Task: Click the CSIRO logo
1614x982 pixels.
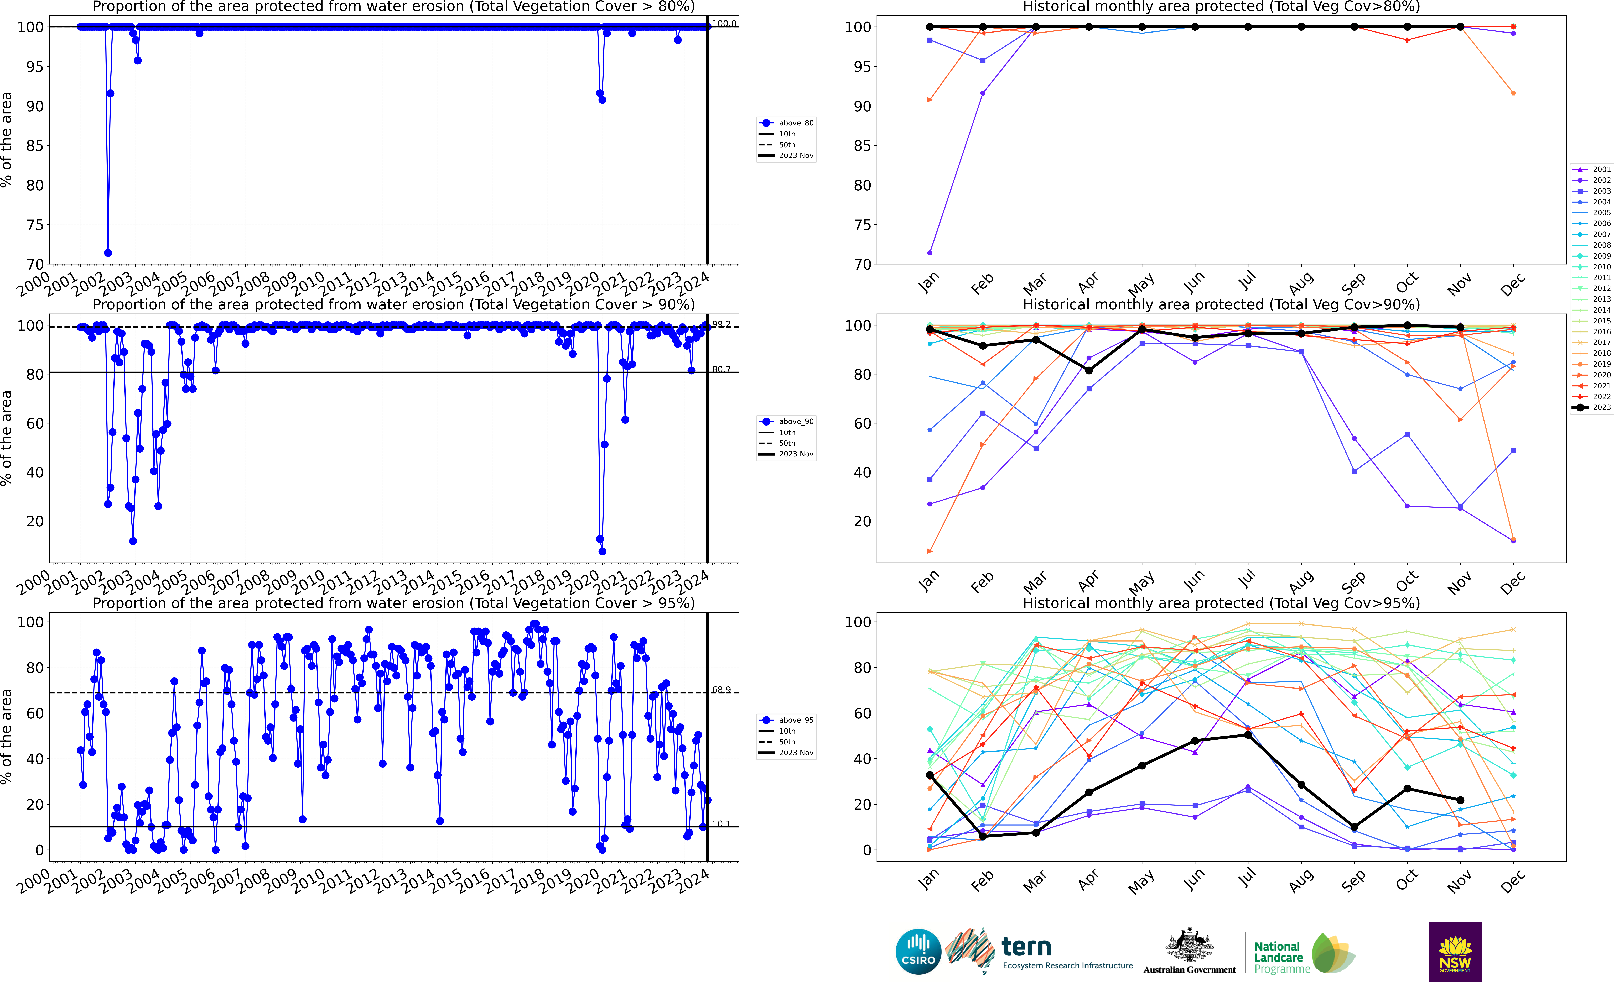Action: coord(918,951)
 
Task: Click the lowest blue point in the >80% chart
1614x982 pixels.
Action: coord(108,253)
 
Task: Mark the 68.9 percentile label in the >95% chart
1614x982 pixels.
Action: coord(721,690)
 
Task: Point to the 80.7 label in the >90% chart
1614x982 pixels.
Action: coord(721,369)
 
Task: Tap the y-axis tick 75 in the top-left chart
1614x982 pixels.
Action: coord(35,225)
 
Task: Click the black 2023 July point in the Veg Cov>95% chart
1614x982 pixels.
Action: coord(1248,734)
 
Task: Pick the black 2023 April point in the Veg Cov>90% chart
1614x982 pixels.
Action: coord(1089,371)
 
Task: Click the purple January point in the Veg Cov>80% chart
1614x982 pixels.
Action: coord(930,253)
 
